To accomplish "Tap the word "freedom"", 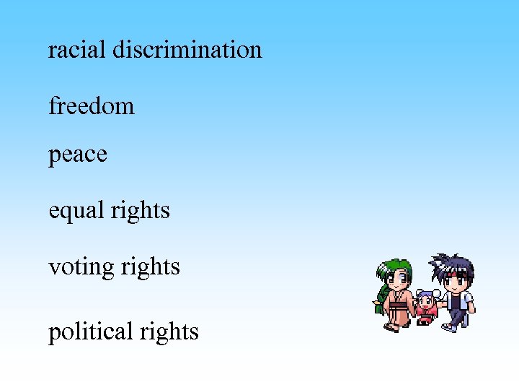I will [92, 106].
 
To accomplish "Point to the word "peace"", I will [78, 155].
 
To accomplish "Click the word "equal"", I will [77, 211].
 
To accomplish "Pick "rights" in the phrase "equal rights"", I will [141, 211].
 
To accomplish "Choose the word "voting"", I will [79, 267].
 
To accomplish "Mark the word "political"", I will [94, 331].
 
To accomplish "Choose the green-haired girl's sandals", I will [394, 327].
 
